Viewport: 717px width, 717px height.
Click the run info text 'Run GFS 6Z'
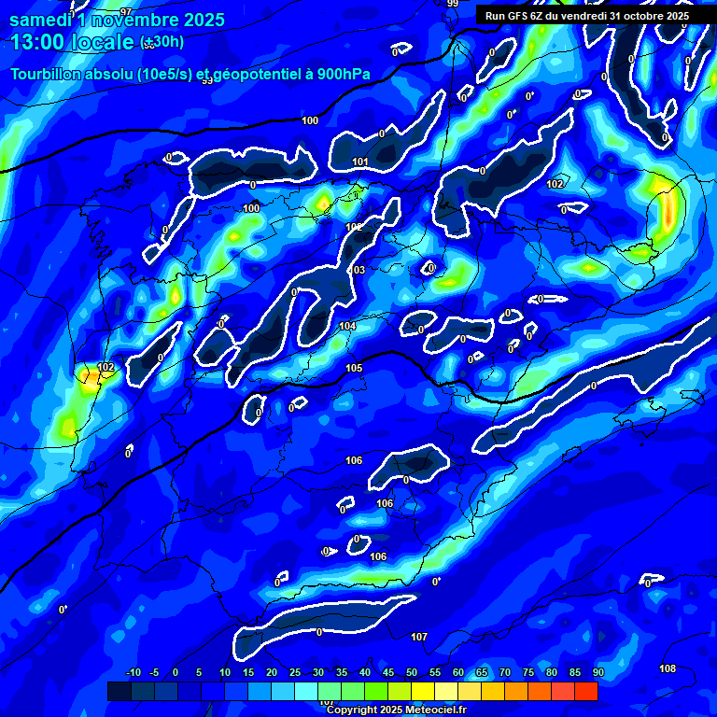[x=519, y=16]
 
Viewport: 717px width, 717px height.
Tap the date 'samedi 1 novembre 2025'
[x=117, y=20]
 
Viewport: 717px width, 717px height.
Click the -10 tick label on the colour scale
[x=132, y=672]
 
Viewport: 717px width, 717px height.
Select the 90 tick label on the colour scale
[x=597, y=672]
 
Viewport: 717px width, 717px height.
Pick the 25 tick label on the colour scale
[x=294, y=672]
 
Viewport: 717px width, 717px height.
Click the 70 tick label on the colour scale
[x=504, y=672]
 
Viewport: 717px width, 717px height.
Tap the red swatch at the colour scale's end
[x=585, y=691]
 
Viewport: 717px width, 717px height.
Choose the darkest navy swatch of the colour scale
[x=119, y=691]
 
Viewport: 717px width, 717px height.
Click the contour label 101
[x=360, y=162]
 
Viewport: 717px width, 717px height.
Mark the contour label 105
[x=354, y=369]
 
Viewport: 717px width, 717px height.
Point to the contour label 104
[x=347, y=326]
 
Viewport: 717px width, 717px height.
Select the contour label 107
[x=419, y=637]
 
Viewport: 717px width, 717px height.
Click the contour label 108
[x=668, y=668]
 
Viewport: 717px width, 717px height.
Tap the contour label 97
[x=126, y=11]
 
